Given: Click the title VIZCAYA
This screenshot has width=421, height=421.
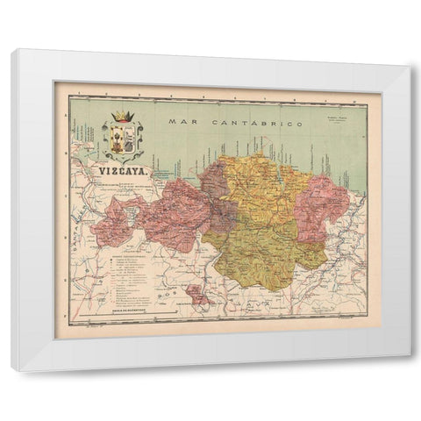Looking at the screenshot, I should click(122, 174).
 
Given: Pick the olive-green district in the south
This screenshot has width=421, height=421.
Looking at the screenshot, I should click(263, 250).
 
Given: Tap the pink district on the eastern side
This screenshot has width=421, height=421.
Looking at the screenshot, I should click(322, 207).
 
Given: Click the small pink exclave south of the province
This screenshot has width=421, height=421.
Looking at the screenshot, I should click(198, 298).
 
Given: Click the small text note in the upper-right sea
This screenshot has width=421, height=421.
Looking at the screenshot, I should click(339, 118).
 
